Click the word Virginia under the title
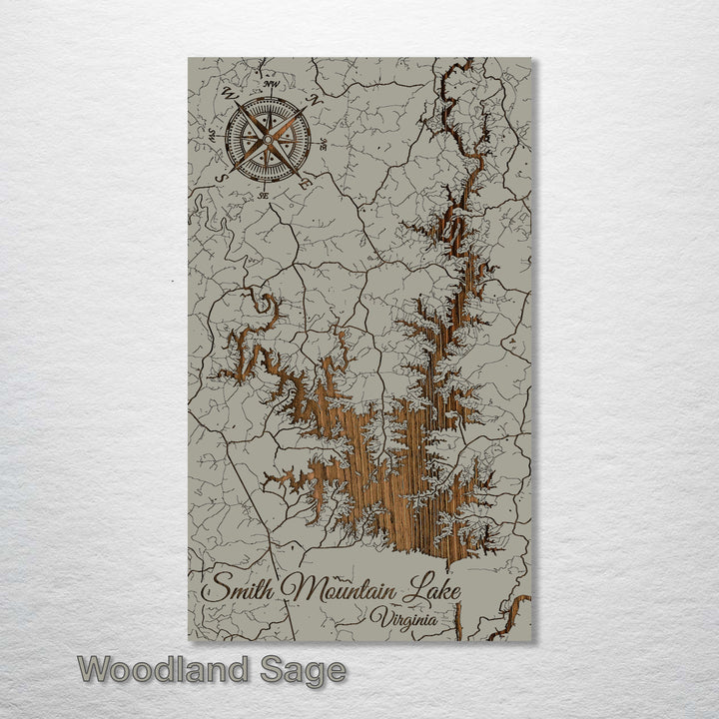click(402, 619)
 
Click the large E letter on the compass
click(304, 183)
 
